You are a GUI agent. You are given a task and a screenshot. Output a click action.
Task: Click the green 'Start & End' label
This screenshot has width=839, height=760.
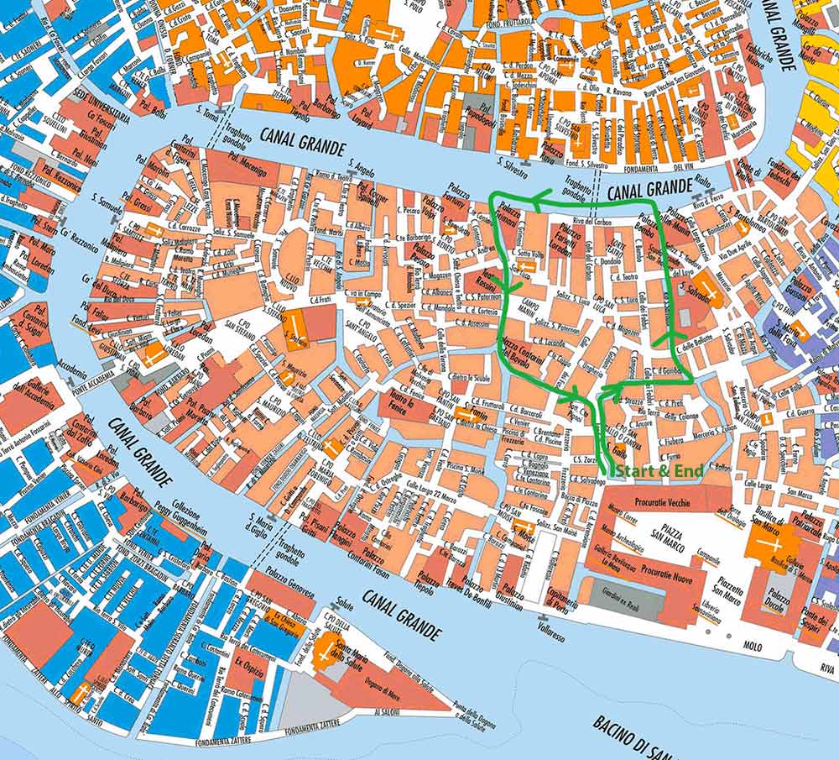[659, 471]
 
